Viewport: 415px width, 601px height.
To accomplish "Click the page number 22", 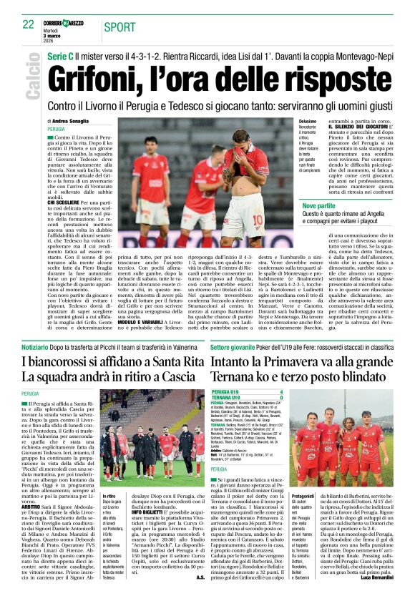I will click(x=28, y=24).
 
